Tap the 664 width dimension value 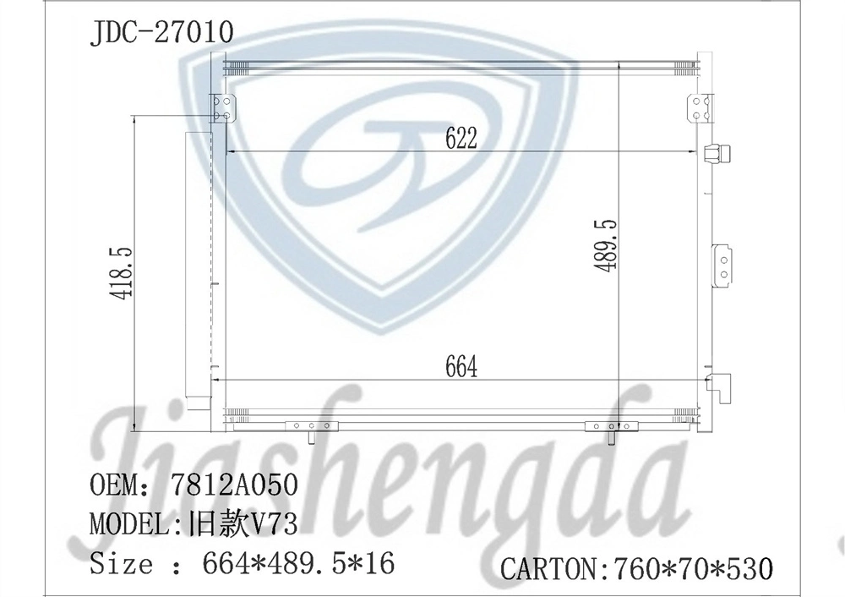(x=460, y=367)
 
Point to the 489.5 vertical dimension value (x=607, y=245)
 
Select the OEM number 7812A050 (x=234, y=485)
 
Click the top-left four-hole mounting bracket (x=224, y=108)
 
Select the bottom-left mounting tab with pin (x=312, y=429)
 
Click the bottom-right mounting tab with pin (x=611, y=429)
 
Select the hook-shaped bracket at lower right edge (x=720, y=388)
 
